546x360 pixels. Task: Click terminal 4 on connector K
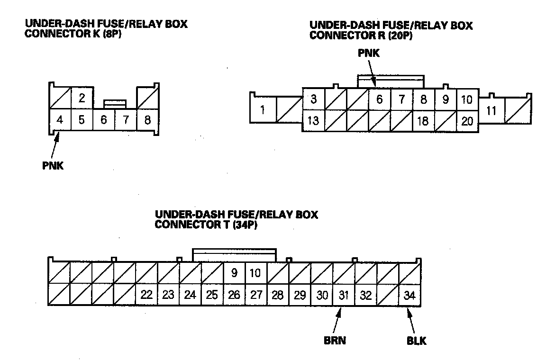[60, 120]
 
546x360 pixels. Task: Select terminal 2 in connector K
[82, 98]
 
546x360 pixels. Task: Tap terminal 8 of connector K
[148, 120]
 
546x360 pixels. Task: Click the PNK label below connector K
[53, 166]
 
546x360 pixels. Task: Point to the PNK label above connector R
[369, 53]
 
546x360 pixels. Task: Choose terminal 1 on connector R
[263, 110]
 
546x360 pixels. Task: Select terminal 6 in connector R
[380, 99]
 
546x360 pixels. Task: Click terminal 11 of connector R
[491, 111]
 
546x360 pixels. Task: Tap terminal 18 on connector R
[423, 121]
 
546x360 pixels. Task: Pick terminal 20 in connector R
[467, 121]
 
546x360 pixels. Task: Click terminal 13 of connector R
[313, 121]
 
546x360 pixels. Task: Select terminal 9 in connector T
[234, 273]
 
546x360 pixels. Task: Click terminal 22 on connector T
[146, 295]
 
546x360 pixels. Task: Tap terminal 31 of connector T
[344, 295]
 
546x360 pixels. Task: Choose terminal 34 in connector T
[409, 295]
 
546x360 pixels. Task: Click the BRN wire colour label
[335, 340]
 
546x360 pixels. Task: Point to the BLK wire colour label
[417, 341]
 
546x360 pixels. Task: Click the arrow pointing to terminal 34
[411, 321]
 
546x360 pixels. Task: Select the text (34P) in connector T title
[245, 225]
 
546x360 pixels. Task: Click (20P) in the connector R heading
[400, 35]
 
